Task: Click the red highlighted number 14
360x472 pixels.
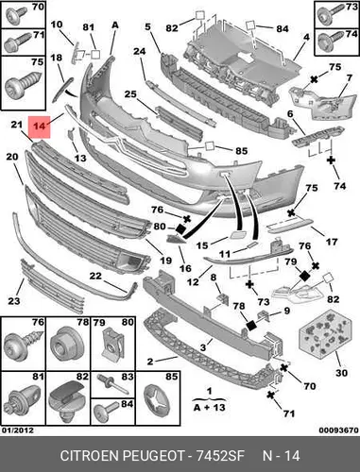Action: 39,126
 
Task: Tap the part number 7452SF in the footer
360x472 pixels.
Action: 220,456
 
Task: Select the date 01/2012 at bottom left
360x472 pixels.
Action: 18,430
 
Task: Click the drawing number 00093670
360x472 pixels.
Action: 338,430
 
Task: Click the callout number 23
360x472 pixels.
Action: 14,301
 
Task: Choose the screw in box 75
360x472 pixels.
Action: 23,84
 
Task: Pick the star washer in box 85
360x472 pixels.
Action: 158,400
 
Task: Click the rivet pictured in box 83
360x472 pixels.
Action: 113,384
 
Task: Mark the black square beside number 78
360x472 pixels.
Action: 251,326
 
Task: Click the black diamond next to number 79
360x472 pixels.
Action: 304,277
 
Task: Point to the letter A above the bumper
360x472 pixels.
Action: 115,25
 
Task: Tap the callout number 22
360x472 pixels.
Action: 95,276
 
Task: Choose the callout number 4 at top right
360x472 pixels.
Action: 306,37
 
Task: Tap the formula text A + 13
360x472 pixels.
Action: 210,407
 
